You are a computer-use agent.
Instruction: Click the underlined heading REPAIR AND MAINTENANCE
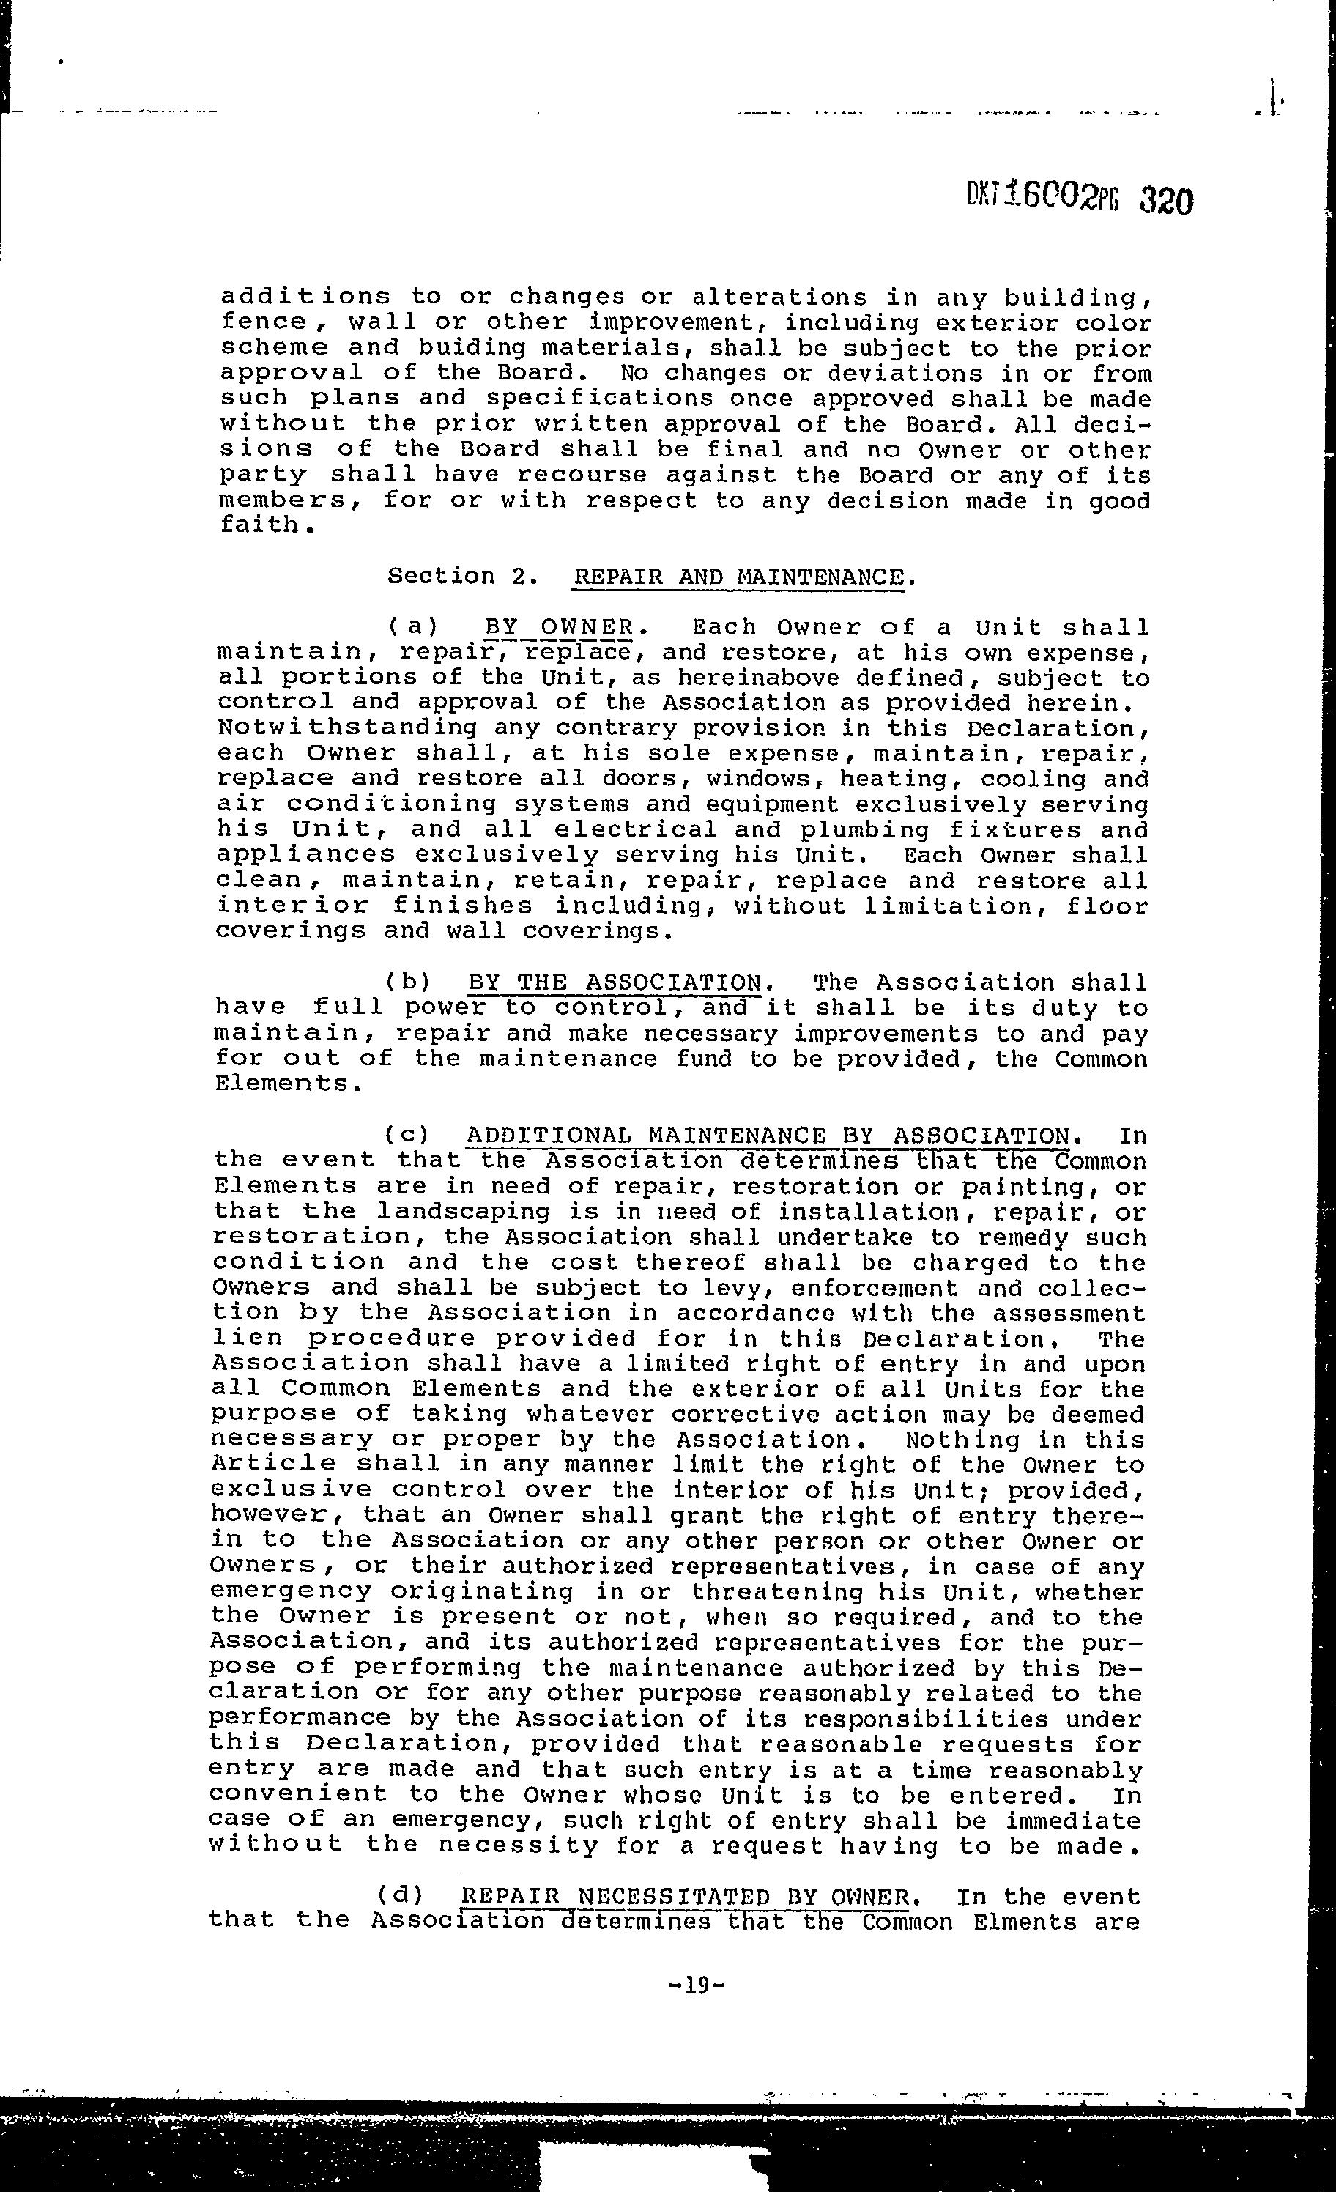(x=739, y=577)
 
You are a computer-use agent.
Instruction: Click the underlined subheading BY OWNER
(x=559, y=628)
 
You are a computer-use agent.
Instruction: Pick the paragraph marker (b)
(x=407, y=983)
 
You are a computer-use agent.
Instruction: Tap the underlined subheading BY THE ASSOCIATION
(x=615, y=983)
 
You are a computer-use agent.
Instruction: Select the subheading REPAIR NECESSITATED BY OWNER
(x=685, y=1897)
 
